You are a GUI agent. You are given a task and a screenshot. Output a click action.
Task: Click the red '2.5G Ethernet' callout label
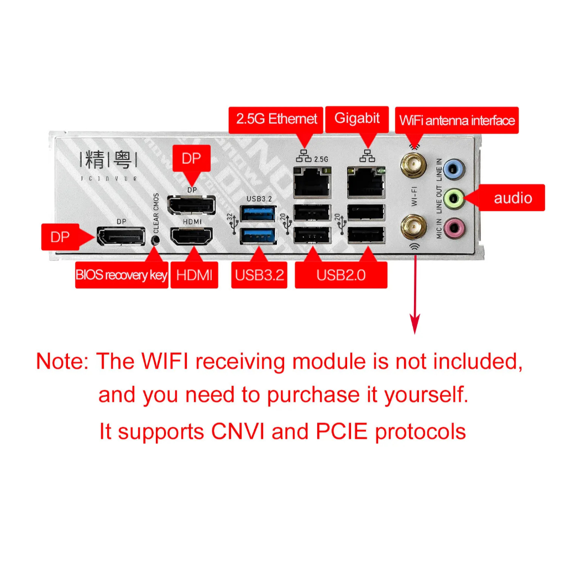pyautogui.click(x=276, y=119)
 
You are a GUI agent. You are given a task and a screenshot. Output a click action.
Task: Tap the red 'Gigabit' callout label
pyautogui.click(x=357, y=118)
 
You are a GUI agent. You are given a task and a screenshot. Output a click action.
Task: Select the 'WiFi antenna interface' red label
pyautogui.click(x=457, y=120)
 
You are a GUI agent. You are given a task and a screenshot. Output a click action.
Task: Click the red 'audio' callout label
pyautogui.click(x=512, y=198)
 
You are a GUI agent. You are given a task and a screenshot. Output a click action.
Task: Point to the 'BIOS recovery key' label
pyautogui.click(x=121, y=275)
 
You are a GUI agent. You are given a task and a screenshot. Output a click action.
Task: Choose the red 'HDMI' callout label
pyautogui.click(x=194, y=275)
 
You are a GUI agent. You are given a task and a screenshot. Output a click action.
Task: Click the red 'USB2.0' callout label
pyautogui.click(x=340, y=275)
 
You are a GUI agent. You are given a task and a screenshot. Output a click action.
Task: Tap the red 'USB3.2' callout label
pyautogui.click(x=259, y=275)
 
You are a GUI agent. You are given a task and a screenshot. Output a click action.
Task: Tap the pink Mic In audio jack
pyautogui.click(x=453, y=226)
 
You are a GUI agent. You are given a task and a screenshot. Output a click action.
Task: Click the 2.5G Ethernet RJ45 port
pyautogui.click(x=312, y=183)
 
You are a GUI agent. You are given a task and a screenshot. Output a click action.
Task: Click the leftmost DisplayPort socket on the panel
pyautogui.click(x=120, y=237)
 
